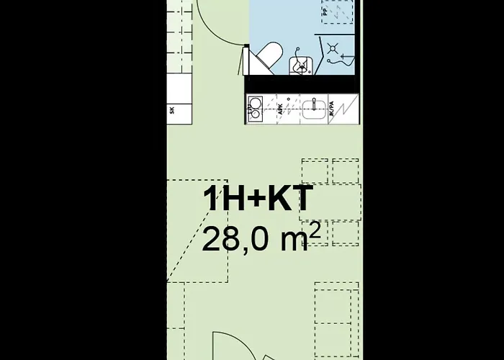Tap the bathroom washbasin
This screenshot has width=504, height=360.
302,63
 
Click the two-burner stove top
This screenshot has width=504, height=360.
255,109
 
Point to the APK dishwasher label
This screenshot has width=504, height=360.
279,110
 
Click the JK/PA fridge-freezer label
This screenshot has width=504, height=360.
332,110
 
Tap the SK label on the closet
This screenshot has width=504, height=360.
173,110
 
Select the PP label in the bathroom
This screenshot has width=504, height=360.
325,12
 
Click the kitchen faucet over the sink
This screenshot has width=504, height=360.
314,100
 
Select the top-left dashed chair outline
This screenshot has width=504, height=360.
315,170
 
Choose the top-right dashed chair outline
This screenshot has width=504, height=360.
346,170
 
